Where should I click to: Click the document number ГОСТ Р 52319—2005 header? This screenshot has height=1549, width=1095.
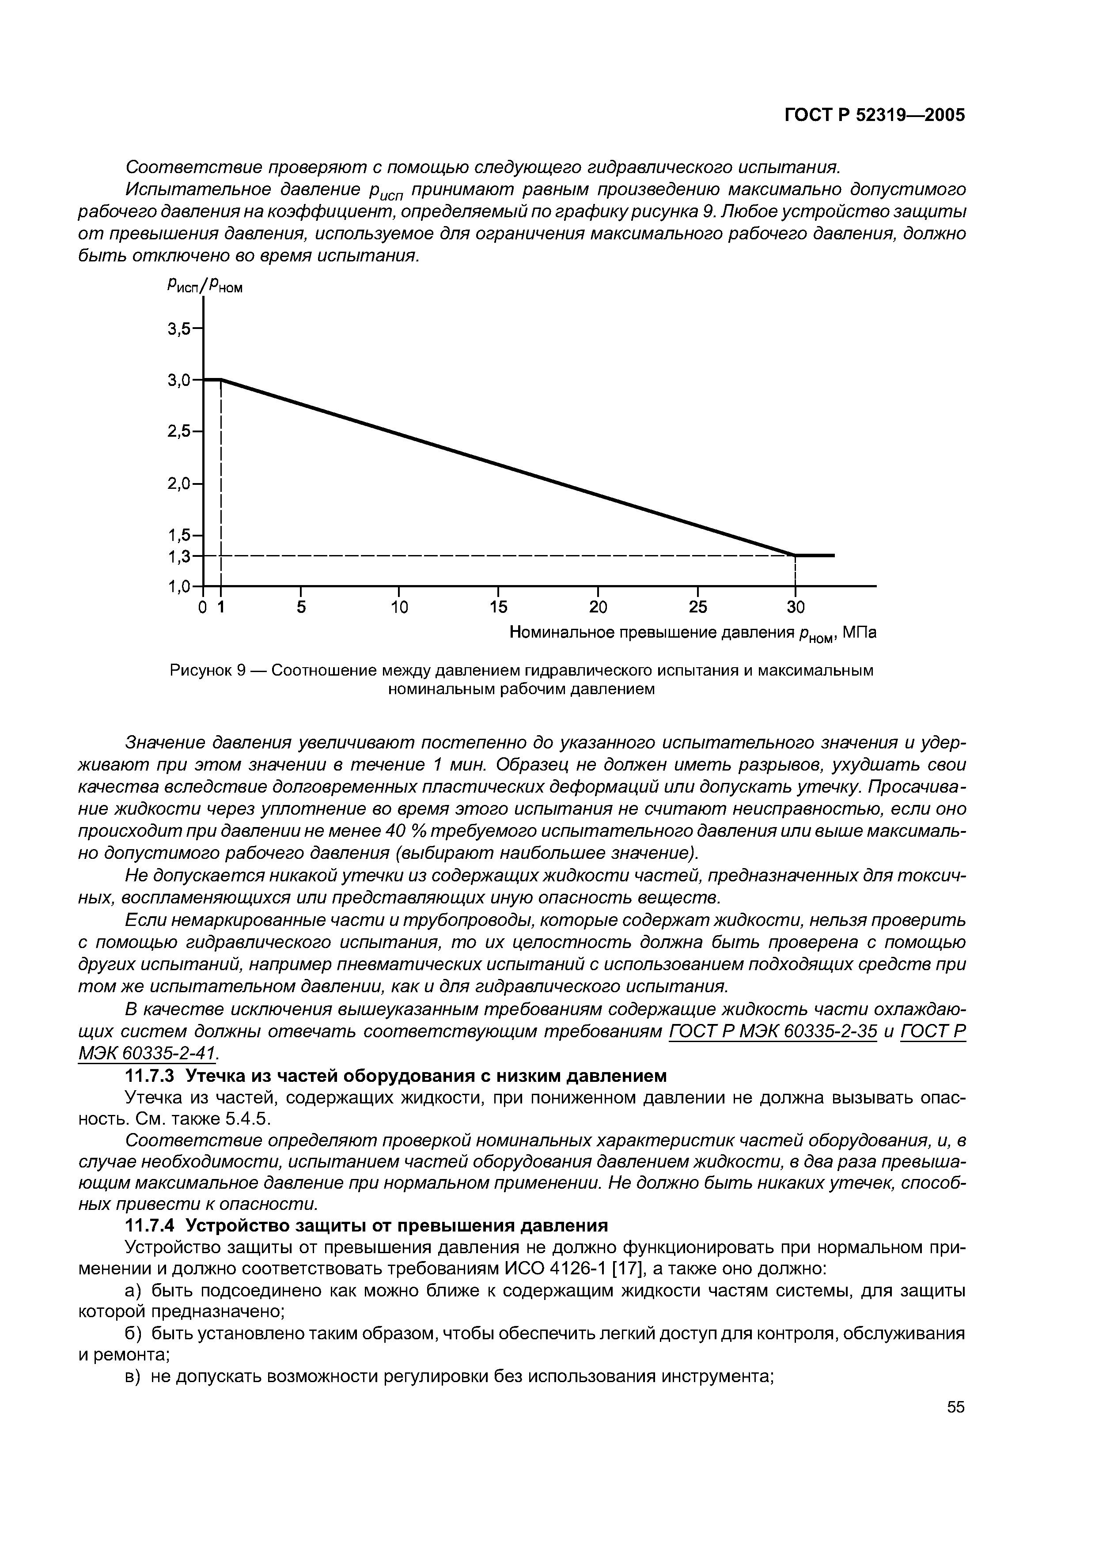pyautogui.click(x=875, y=115)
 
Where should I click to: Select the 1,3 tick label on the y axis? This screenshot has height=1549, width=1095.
pyautogui.click(x=179, y=556)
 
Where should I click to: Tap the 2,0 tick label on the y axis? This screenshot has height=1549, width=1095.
pyautogui.click(x=179, y=483)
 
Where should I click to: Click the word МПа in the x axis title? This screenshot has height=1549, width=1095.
pyautogui.click(x=859, y=632)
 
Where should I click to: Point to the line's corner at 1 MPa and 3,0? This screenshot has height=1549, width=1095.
pyautogui.click(x=221, y=380)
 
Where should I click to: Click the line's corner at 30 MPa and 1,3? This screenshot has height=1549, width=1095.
pyautogui.click(x=796, y=555)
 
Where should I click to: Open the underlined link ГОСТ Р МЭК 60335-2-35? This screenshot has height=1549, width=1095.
pyautogui.click(x=773, y=1031)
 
